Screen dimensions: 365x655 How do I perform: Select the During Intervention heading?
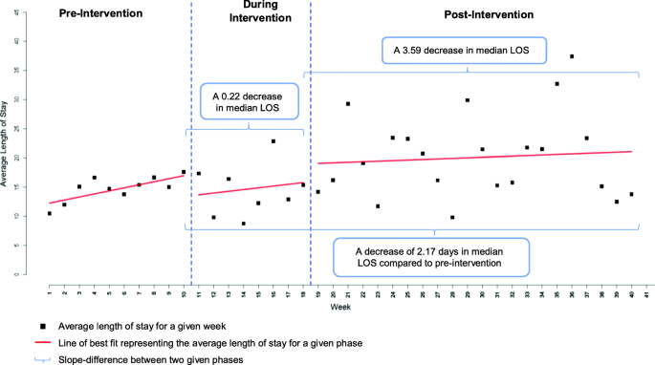coord(251,21)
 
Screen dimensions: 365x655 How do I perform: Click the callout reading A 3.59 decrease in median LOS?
coord(464,49)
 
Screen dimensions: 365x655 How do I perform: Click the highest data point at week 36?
coord(572,56)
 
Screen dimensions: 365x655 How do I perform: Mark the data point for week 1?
coord(50,213)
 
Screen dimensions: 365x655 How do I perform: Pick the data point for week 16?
coord(273,141)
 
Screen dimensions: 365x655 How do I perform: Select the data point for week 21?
coord(348,104)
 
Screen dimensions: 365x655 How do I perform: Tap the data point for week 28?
coord(452,217)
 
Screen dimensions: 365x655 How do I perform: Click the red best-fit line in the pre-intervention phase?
coord(115,189)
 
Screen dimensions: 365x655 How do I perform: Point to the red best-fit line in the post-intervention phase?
coord(478,158)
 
